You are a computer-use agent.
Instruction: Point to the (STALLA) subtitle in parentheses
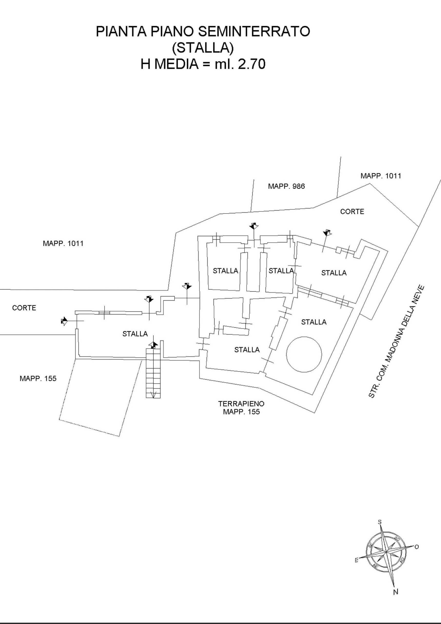coord(203,48)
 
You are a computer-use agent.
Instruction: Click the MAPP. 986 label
coord(286,186)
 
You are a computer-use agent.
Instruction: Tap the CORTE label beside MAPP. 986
coord(352,211)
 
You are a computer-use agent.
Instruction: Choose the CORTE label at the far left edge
coord(24,308)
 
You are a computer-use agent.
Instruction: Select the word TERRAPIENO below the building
coord(241,404)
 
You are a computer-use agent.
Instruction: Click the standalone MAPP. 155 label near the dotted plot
coord(38,378)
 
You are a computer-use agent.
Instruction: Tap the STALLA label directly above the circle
coord(314,322)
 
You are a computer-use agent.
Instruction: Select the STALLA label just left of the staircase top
coord(135,334)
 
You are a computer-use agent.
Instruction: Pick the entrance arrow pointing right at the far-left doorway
coord(64,321)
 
